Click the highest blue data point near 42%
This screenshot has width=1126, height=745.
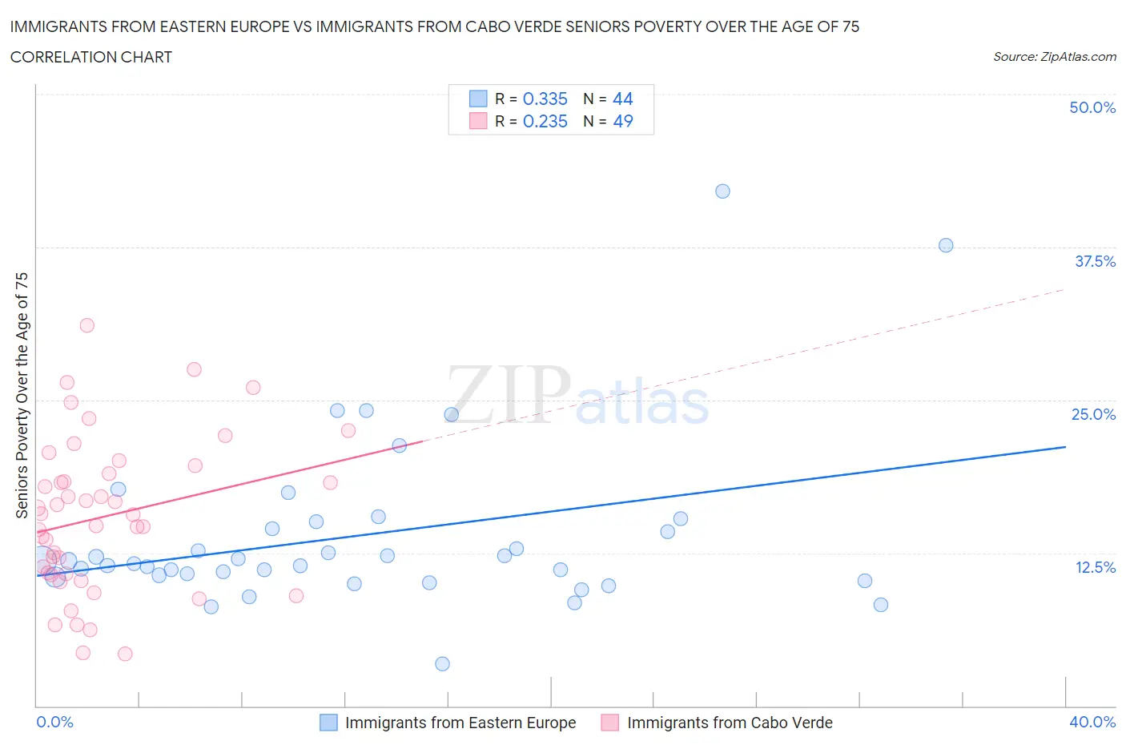pos(722,191)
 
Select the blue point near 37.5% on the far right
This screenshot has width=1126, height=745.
pos(946,245)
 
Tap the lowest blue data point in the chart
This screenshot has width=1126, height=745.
pos(442,663)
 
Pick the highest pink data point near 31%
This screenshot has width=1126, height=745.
pos(87,325)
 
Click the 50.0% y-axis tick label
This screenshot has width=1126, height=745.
pos(1092,107)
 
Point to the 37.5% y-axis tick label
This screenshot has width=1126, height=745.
pos(1095,261)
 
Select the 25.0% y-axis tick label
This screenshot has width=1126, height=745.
pos(1093,414)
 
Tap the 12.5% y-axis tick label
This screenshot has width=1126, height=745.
pos(1095,567)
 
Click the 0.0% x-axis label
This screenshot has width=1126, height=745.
pos(55,722)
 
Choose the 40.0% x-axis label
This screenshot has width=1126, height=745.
pos(1092,722)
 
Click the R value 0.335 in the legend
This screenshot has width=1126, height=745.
pos(545,99)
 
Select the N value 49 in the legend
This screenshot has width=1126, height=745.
pos(623,121)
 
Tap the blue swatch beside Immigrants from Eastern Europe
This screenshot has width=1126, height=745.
pos(328,723)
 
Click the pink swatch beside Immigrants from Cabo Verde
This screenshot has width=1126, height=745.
pos(610,723)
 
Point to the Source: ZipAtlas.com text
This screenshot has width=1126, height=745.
pos(1054,56)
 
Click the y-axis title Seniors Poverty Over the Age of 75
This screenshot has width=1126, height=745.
pos(22,395)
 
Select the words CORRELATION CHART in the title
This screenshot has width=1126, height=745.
pos(91,57)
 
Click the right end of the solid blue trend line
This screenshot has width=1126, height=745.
pos(1065,446)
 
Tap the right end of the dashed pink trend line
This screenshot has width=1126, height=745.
pos(1065,288)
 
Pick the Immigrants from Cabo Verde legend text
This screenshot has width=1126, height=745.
pos(730,723)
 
